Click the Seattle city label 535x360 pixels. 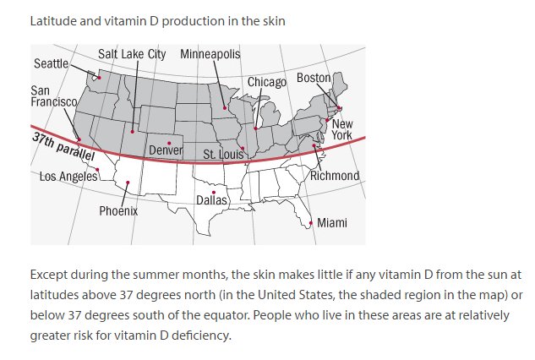coord(51,64)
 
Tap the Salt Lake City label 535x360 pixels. coord(132,54)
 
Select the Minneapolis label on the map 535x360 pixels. coord(210,54)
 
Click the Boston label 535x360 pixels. coord(314,79)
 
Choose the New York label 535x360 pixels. coord(341,129)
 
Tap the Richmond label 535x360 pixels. coord(335,176)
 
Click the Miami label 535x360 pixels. coord(331,223)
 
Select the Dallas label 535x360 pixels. coord(211,200)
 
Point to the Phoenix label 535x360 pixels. coord(118,211)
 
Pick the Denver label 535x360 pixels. coord(167,150)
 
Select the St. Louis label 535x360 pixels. coord(223,155)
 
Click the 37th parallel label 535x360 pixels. coord(63,147)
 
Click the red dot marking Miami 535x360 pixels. coord(311,223)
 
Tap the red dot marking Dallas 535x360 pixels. coord(213,192)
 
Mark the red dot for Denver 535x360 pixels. coord(169,143)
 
